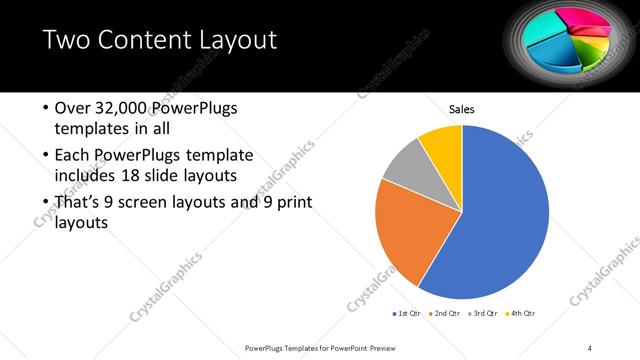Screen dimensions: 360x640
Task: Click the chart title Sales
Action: pyautogui.click(x=461, y=109)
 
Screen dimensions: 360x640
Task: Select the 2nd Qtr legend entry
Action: pyautogui.click(x=444, y=314)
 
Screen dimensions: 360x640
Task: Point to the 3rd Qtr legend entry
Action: pyautogui.click(x=480, y=314)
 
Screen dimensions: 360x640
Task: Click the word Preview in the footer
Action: pyautogui.click(x=383, y=347)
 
